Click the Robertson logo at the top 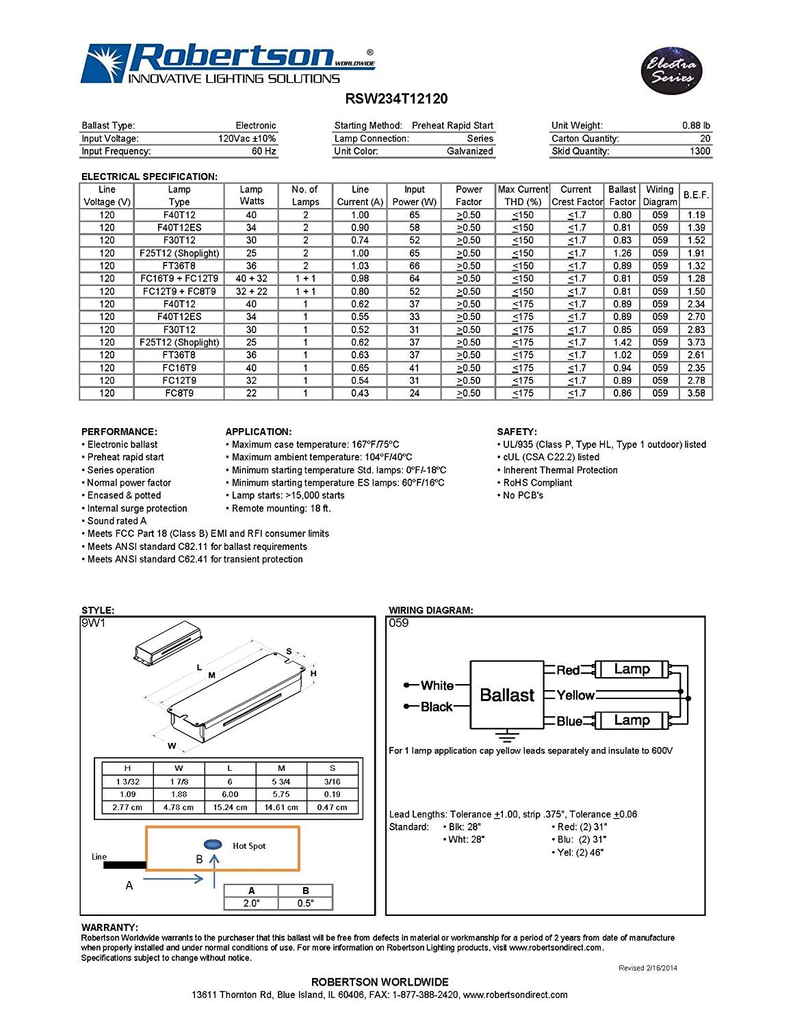coord(227,64)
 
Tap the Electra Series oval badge coord(672,70)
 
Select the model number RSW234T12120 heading coord(396,98)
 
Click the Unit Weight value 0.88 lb coord(696,125)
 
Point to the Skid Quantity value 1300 coord(700,151)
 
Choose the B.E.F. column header coord(696,195)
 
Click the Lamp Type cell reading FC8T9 coord(179,393)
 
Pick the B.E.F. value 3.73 coord(696,342)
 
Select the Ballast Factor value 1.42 coord(622,342)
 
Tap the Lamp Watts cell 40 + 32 coord(251,278)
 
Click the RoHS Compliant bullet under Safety coord(537,482)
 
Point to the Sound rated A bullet coord(116,521)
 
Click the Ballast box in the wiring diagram coord(507,695)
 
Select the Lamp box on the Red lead coord(632,669)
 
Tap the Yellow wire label coord(575,695)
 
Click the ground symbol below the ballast coord(506,736)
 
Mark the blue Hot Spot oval coord(213,845)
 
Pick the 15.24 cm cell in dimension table coord(230,807)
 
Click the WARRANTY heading coord(109,928)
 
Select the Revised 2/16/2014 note coord(647,968)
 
